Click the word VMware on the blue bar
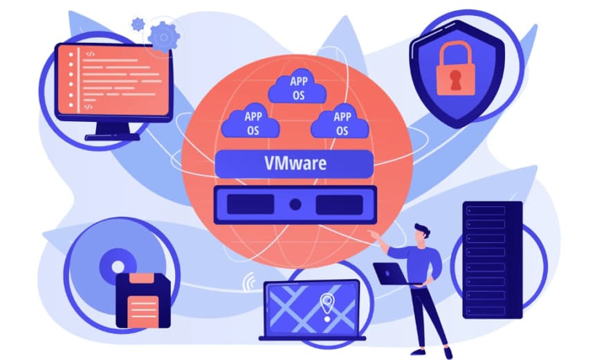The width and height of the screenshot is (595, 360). (295, 163)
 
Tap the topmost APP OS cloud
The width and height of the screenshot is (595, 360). (297, 87)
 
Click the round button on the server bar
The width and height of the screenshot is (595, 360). (295, 204)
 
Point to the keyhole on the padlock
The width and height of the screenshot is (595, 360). (455, 80)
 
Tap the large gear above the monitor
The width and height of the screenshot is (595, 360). (164, 37)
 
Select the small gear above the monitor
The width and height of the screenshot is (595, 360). (138, 25)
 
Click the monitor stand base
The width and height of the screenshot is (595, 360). (112, 136)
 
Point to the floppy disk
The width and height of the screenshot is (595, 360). (143, 300)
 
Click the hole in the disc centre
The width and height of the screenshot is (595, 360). (118, 267)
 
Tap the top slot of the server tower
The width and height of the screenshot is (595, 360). (486, 210)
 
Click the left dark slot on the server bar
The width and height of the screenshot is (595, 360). (250, 204)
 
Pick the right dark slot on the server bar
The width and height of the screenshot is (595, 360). (340, 204)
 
